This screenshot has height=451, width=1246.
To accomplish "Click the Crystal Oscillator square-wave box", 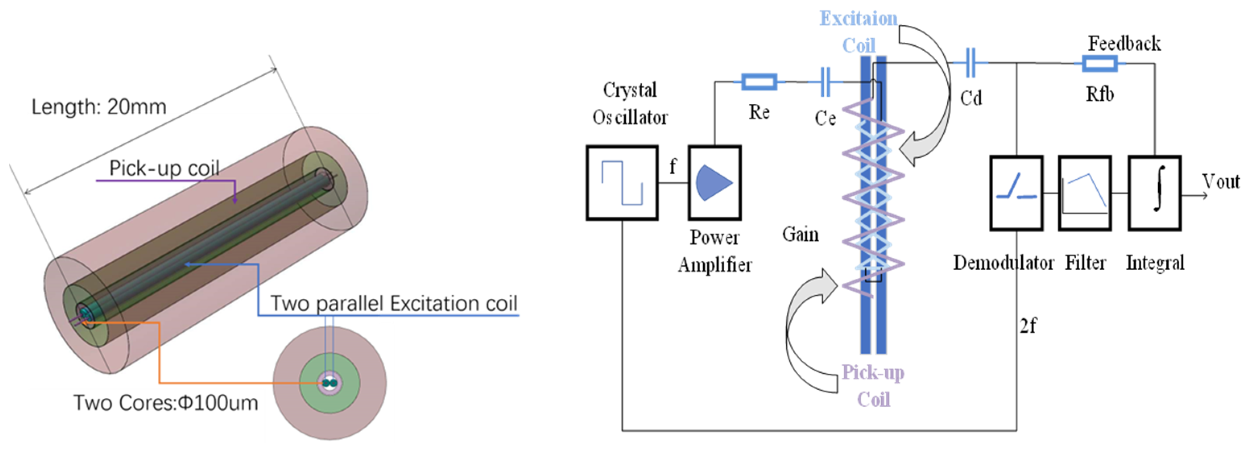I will pos(622,183).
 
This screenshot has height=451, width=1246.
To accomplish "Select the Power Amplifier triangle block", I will pos(715,183).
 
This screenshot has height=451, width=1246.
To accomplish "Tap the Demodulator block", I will pos(1016,192).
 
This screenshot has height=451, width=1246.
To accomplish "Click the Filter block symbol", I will pos(1085,192).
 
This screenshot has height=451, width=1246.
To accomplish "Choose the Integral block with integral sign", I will pos(1155,192).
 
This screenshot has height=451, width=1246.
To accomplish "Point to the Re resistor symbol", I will pos(759,82).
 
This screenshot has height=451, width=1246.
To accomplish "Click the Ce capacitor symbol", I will pos(825,82).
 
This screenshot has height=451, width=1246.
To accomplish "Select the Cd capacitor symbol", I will pos(970,63).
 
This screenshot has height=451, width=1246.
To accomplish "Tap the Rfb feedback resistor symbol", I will pos(1099,63).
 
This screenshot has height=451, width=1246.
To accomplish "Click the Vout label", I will pos(1221,182).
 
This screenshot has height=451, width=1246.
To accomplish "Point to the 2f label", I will pos(1028,326).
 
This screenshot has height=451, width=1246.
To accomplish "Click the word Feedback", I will pos(1124,43).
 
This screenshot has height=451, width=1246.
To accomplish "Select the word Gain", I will pos(800,235).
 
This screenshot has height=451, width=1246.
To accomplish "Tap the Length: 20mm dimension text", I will pos(99,106).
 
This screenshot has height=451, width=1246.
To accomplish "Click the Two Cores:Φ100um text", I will pos(165,403).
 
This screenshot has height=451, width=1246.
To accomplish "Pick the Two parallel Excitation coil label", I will pos(393,303).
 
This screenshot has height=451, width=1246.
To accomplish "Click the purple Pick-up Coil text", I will pos(873,386).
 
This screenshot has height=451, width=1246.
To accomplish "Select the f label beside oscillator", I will pos(672,167).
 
